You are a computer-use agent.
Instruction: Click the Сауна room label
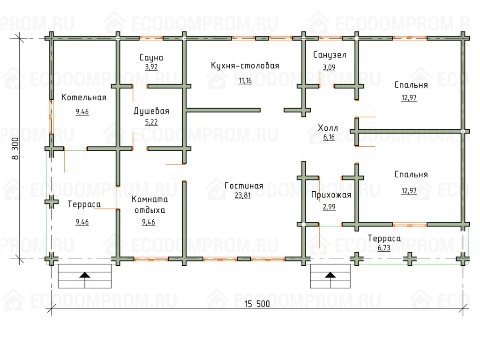[x=151, y=58]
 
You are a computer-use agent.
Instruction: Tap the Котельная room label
[x=83, y=97]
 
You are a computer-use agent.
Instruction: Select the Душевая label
[x=151, y=111]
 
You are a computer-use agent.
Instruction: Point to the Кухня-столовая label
[x=245, y=66]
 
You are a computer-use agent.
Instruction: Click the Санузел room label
[x=330, y=55]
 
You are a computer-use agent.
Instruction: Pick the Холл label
[x=328, y=127]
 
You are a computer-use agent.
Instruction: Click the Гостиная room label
[x=244, y=186]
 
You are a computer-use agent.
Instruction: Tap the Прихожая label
[x=331, y=195]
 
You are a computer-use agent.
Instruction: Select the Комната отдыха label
[x=150, y=204]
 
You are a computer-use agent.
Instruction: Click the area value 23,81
[x=243, y=195]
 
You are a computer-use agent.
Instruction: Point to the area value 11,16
[x=245, y=81]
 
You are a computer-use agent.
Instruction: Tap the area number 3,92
[x=151, y=67]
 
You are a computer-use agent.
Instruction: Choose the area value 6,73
[x=384, y=247]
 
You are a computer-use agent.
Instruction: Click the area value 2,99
[x=329, y=207]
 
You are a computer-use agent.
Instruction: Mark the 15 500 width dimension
[x=257, y=304]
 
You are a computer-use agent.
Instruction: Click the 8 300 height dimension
[x=15, y=149]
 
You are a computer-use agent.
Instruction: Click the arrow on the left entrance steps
[x=85, y=275]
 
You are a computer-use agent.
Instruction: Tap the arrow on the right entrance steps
[x=330, y=275]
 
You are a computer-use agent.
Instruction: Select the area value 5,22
[x=151, y=122]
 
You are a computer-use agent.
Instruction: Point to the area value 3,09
[x=329, y=67]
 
